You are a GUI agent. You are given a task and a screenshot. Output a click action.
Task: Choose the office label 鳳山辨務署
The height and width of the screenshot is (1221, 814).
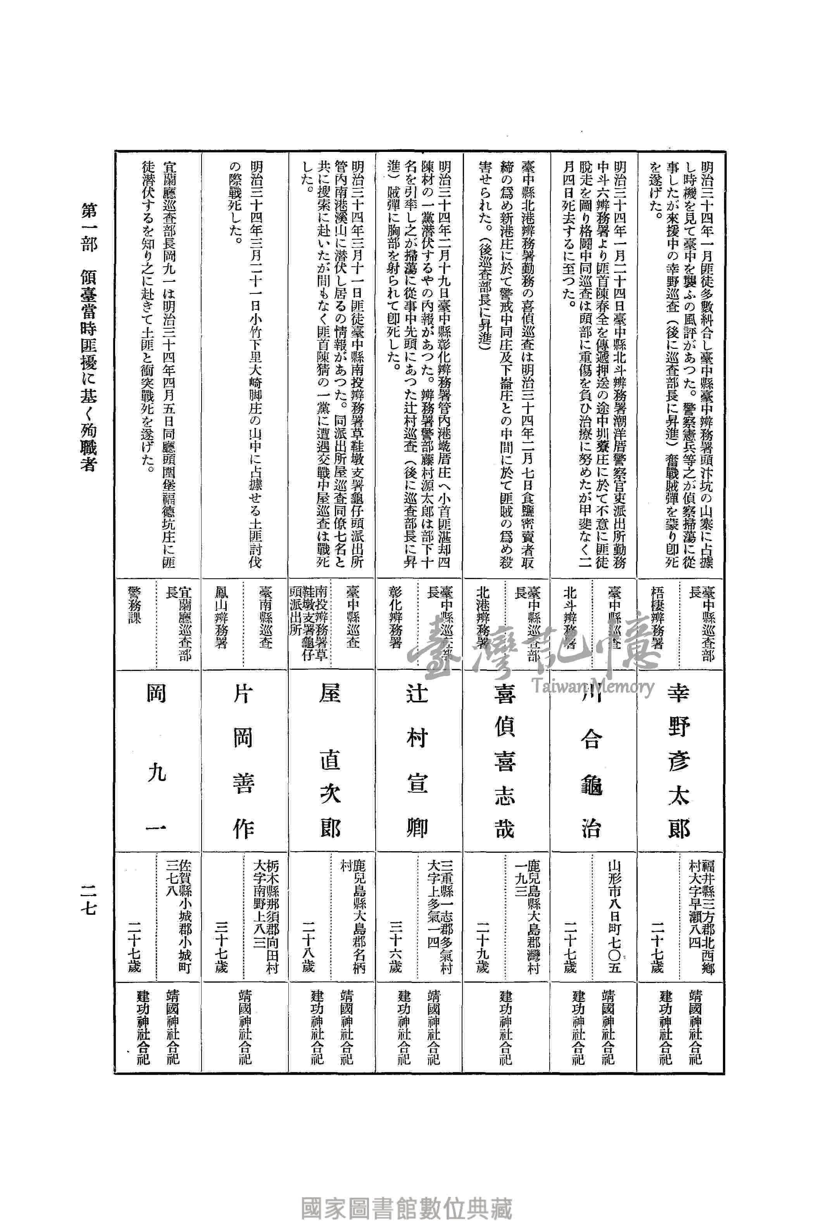pyautogui.click(x=222, y=617)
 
